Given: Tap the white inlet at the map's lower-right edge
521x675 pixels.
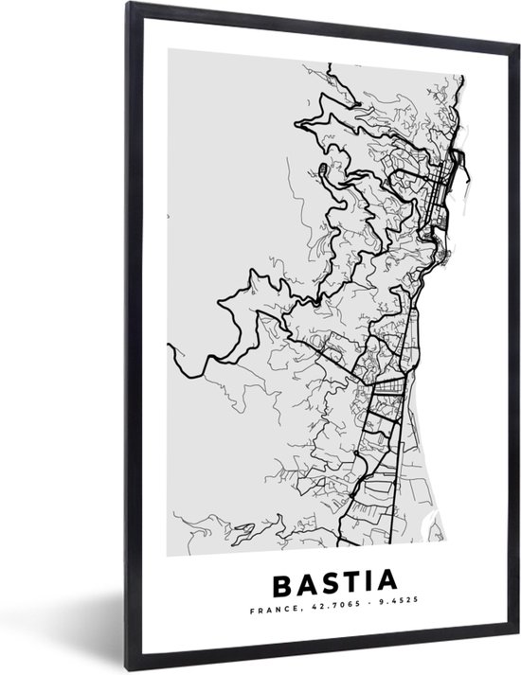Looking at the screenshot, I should (x=435, y=516).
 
